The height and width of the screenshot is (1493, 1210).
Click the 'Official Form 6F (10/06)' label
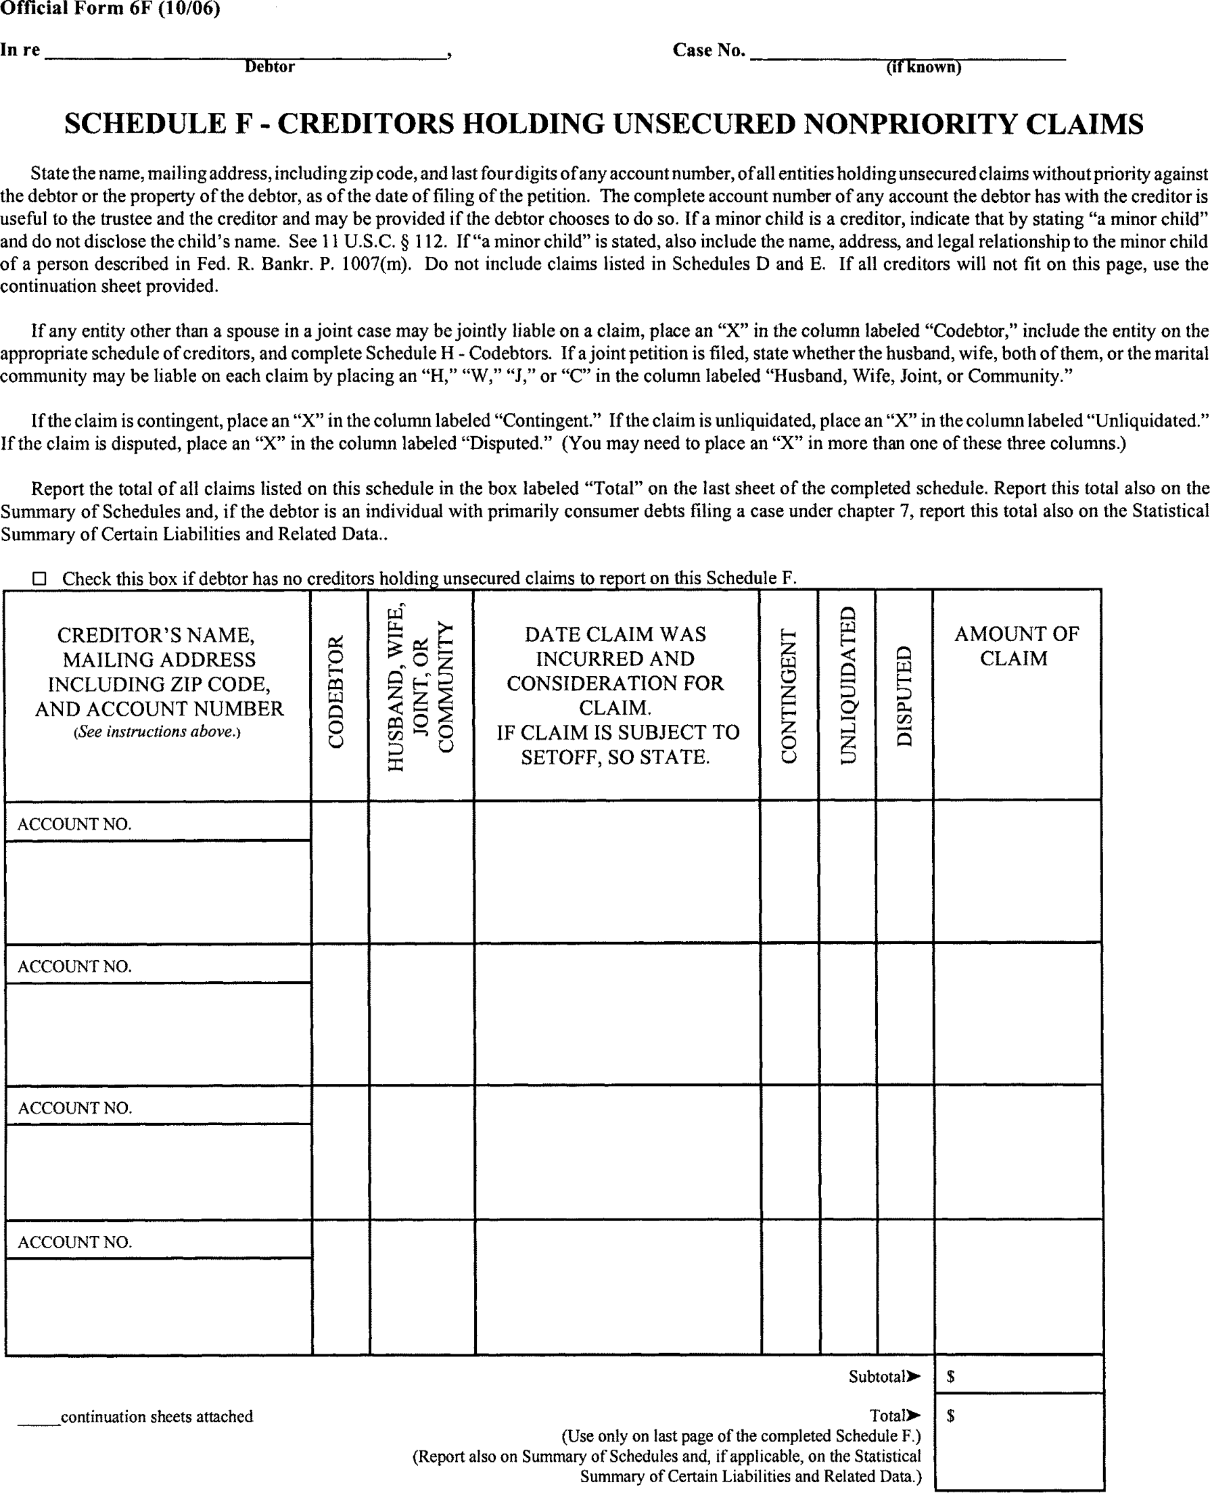[x=110, y=9]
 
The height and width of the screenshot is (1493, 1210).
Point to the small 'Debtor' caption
[x=269, y=67]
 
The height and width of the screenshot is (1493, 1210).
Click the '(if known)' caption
[x=923, y=68]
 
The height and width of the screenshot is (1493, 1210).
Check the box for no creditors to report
[x=40, y=578]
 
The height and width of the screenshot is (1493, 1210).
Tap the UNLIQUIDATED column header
[x=847, y=686]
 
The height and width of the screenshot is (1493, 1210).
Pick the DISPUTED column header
[x=904, y=696]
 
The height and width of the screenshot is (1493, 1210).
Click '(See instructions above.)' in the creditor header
[x=158, y=732]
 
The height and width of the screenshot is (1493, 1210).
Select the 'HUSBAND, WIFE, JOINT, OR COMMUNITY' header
[x=420, y=688]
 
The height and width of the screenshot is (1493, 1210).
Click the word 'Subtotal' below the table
[x=878, y=1377]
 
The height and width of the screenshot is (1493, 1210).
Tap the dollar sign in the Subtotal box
[x=951, y=1377]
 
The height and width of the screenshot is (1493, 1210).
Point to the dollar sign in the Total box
[x=951, y=1416]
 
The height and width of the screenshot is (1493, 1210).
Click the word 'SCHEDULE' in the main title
[x=145, y=124]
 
